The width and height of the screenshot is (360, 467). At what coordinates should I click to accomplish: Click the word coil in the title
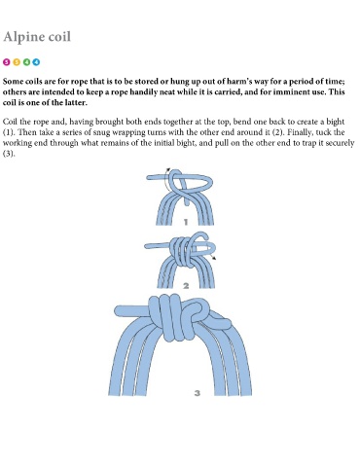tap(59, 36)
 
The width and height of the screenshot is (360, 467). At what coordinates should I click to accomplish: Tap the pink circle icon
tap(7, 62)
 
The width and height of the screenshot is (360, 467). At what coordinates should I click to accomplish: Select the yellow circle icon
tap(17, 62)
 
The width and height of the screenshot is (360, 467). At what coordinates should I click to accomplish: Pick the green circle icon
tap(26, 62)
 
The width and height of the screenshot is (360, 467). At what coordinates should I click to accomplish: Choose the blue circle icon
tap(36, 62)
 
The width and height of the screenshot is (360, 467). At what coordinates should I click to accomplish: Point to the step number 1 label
tap(186, 222)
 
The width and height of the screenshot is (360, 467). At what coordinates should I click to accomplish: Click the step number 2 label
tap(186, 286)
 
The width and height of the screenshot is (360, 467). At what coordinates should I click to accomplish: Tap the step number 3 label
tap(198, 393)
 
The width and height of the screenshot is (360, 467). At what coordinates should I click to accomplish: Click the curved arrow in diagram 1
tap(164, 182)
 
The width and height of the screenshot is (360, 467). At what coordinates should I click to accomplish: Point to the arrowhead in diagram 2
tap(214, 258)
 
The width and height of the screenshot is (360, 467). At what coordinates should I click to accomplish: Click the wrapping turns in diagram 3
tap(169, 318)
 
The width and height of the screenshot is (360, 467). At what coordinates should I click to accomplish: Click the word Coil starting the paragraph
tap(10, 122)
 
